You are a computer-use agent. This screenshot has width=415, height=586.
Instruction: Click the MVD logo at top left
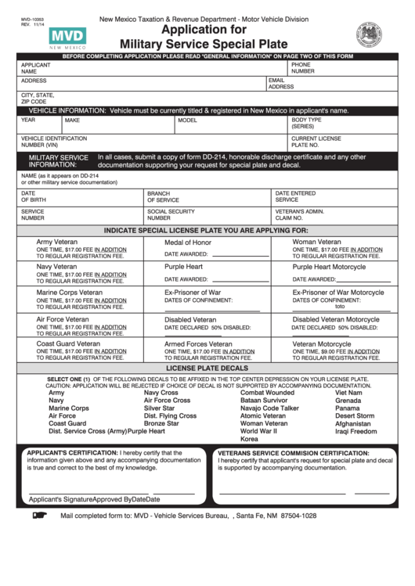pyautogui.click(x=67, y=38)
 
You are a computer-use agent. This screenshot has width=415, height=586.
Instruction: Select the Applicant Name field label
pyautogui.click(x=35, y=68)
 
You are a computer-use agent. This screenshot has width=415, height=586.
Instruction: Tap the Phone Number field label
pyautogui.click(x=303, y=68)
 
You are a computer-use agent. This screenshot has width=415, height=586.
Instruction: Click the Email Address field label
pyautogui.click(x=281, y=84)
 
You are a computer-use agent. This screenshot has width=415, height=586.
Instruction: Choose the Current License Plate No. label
pyautogui.click(x=316, y=142)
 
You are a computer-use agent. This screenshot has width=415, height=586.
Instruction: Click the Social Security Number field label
pyautogui.click(x=171, y=215)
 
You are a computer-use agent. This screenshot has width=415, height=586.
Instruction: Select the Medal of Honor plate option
pyautogui.click(x=187, y=243)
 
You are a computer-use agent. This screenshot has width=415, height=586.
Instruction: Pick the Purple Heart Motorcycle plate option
pyautogui.click(x=329, y=267)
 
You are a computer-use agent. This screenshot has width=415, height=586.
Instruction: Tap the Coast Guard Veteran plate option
pyautogui.click(x=68, y=343)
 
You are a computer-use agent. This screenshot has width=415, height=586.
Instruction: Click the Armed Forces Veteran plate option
pyautogui.click(x=197, y=343)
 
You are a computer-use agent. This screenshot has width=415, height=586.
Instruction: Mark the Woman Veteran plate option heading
pyautogui.click(x=316, y=243)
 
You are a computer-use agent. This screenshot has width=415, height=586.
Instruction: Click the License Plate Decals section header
pyautogui.click(x=207, y=368)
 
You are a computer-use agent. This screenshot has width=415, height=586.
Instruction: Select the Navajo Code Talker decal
pyautogui.click(x=269, y=408)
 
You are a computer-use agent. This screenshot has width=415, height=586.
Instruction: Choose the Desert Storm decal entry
pyautogui.click(x=355, y=416)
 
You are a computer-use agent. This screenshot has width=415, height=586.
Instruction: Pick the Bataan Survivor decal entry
pyautogui.click(x=264, y=401)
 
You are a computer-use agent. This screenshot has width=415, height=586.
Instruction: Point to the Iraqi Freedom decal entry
pyautogui.click(x=355, y=432)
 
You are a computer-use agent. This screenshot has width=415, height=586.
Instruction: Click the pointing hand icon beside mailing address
pyautogui.click(x=40, y=516)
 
